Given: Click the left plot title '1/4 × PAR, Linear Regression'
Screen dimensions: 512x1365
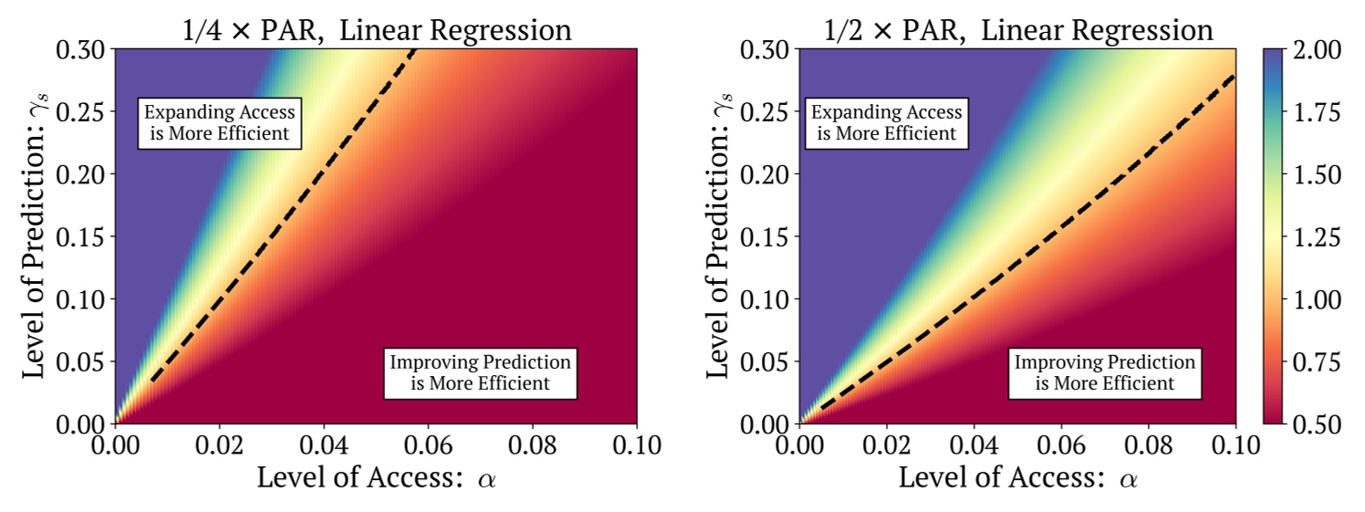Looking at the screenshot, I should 375,29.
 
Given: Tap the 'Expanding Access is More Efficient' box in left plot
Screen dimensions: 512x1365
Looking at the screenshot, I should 222,123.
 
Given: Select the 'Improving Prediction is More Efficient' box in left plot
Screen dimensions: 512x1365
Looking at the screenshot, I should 480,372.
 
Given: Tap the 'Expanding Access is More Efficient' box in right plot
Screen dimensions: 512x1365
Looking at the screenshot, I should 886,123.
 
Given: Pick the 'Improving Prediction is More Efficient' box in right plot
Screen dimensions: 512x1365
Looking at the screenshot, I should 1104,372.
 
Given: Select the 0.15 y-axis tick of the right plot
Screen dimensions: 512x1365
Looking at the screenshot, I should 767,237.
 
